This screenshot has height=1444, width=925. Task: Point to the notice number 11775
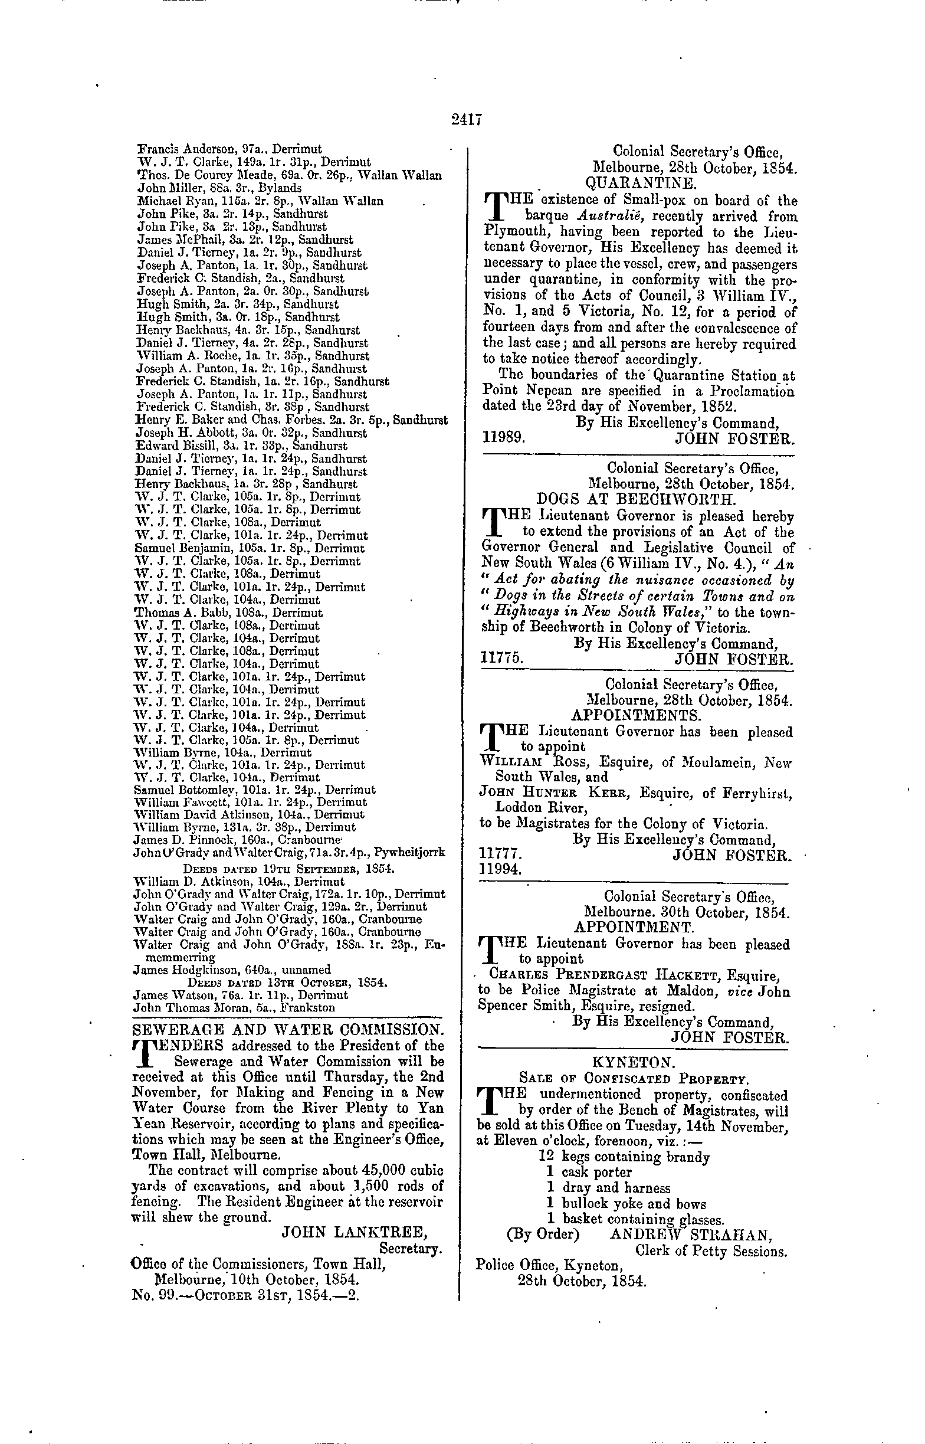[502, 659]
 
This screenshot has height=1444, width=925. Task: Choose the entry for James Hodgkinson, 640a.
[231, 970]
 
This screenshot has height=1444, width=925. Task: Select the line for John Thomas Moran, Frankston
[234, 1007]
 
